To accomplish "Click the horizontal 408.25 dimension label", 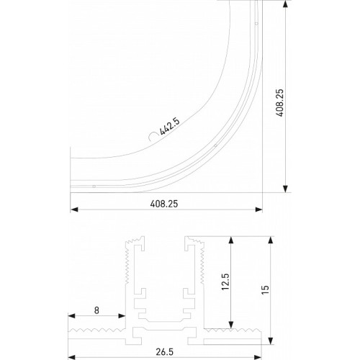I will [163, 204].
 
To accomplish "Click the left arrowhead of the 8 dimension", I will [73, 317].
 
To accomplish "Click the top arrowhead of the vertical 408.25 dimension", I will [287, 4].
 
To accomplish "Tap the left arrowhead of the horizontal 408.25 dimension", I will [73, 211].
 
